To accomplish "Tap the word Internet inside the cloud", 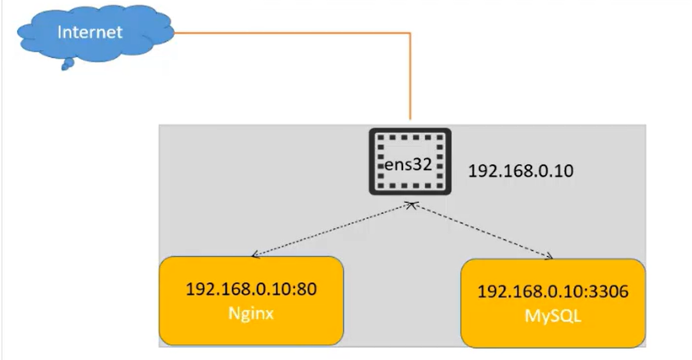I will click(90, 31).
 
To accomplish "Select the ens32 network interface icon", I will click(410, 161).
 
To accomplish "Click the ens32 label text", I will click(408, 164).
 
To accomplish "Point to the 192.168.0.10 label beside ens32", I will click(521, 171).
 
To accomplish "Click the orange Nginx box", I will click(251, 300).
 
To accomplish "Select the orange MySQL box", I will click(553, 303).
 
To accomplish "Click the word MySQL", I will click(553, 316).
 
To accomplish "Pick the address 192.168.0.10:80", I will click(251, 289).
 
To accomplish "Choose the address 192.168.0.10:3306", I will click(553, 292).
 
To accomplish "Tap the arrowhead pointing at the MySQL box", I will click(550, 257).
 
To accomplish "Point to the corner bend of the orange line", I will click(410, 33).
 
